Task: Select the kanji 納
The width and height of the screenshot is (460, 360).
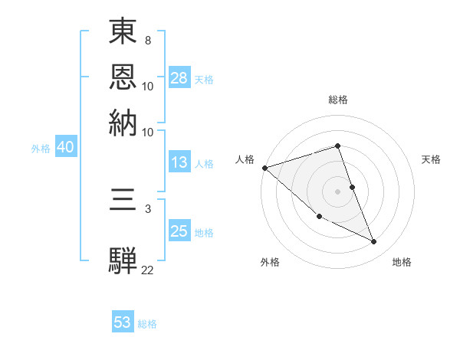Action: pyautogui.click(x=123, y=123)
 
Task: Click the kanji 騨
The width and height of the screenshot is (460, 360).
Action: pyautogui.click(x=123, y=260)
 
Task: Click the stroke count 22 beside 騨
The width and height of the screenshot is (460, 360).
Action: pyautogui.click(x=147, y=270)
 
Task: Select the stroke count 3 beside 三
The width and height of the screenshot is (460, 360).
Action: pyautogui.click(x=147, y=208)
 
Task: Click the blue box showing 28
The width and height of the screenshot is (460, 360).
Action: pyautogui.click(x=179, y=77)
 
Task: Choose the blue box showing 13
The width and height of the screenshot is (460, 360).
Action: pyautogui.click(x=179, y=162)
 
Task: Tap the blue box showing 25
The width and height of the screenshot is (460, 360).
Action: pyautogui.click(x=179, y=231)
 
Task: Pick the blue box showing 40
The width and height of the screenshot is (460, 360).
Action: pyautogui.click(x=65, y=148)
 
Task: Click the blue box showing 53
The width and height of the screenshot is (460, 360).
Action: pyautogui.click(x=123, y=322)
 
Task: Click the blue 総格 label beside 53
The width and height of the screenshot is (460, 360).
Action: pyautogui.click(x=148, y=324)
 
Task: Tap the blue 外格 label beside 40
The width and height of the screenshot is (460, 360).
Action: pyautogui.click(x=41, y=149)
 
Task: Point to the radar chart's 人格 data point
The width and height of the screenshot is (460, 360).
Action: pyautogui.click(x=264, y=168)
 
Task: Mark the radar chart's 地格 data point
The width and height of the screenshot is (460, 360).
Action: pyautogui.click(x=374, y=242)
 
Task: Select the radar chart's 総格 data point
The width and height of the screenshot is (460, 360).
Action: pyautogui.click(x=337, y=146)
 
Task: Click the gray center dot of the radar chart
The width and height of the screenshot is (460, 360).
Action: pyautogui.click(x=337, y=191)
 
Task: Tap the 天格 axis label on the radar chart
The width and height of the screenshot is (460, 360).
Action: pyautogui.click(x=431, y=159)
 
